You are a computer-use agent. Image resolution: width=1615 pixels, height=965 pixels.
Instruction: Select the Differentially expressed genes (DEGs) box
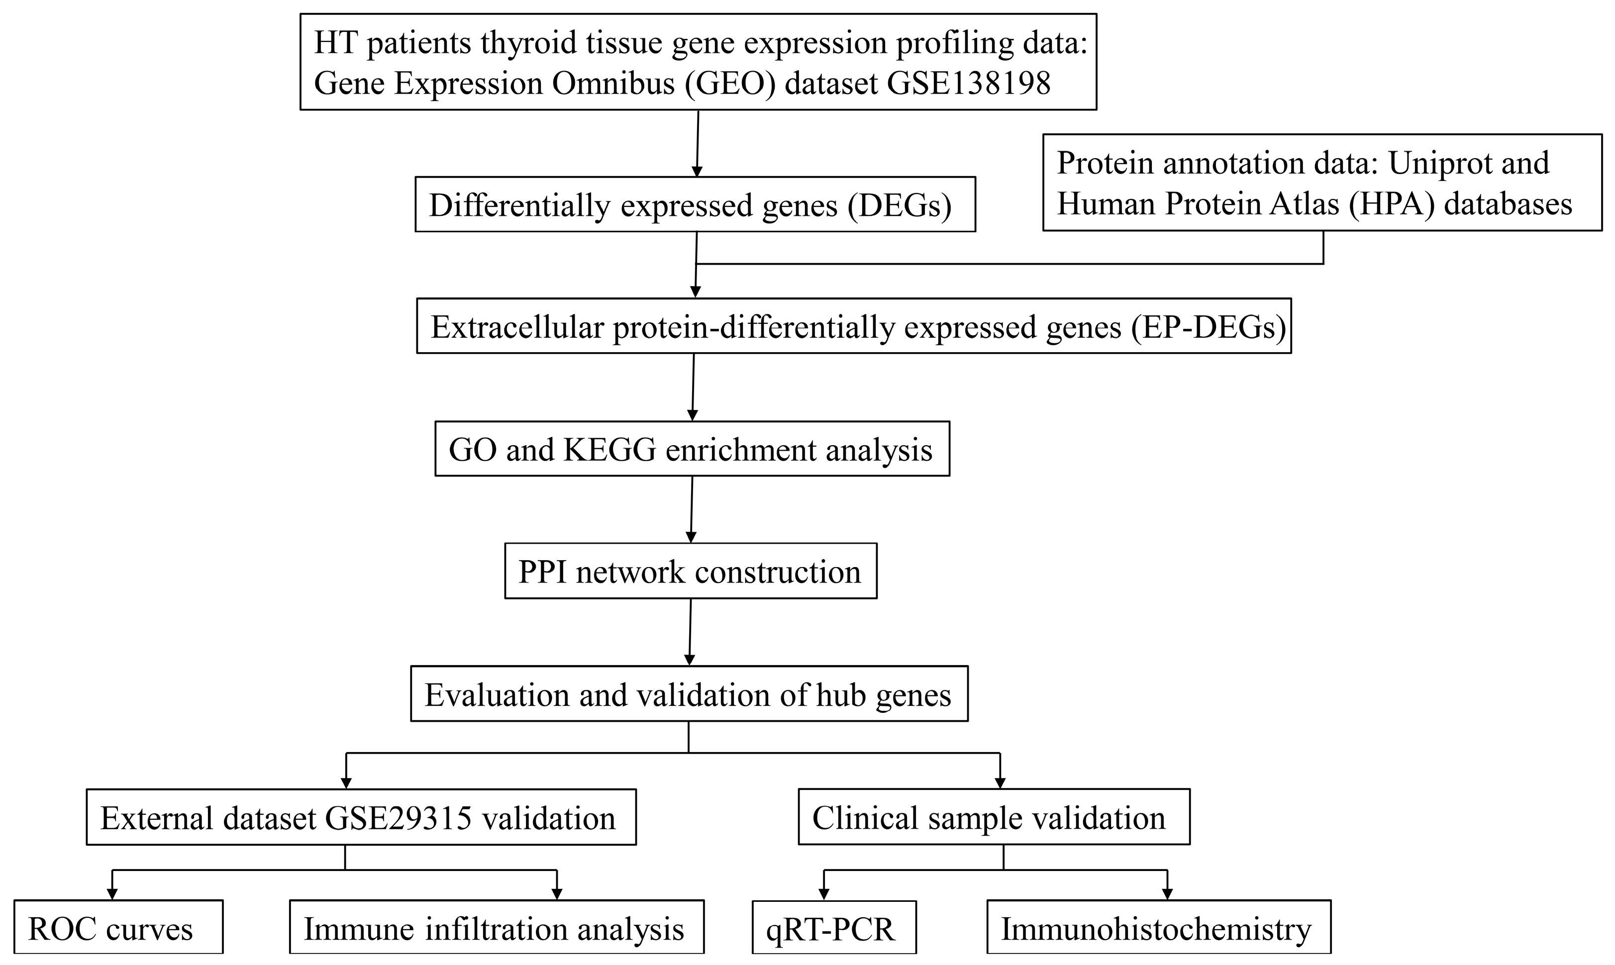click(x=695, y=204)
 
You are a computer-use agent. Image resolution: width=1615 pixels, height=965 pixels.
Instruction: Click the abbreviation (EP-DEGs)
click(x=1208, y=327)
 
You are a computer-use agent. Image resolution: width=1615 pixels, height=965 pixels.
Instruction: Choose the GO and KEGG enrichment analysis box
click(x=692, y=449)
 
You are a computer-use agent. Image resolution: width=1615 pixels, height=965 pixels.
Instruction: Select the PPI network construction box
click(x=690, y=572)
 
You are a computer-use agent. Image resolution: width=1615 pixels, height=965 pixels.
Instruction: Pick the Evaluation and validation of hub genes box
click(x=689, y=694)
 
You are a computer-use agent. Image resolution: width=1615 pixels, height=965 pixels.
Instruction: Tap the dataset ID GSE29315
click(x=398, y=818)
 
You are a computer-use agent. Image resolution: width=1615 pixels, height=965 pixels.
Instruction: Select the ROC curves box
click(x=118, y=928)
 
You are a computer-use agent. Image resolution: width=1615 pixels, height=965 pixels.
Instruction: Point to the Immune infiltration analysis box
click(x=496, y=928)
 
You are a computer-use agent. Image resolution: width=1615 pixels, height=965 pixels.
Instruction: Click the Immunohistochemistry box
click(x=1158, y=928)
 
